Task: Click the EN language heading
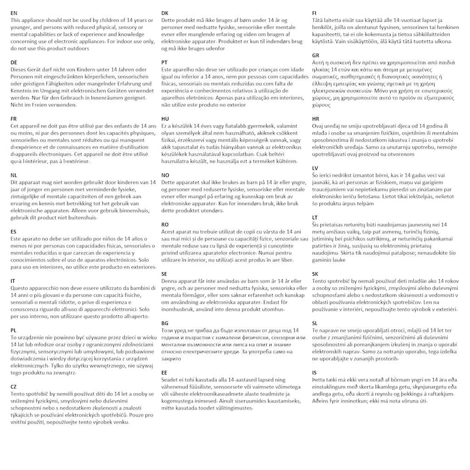click(14, 13)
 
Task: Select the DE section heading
click(14, 62)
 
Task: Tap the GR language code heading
click(315, 55)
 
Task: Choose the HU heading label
click(165, 118)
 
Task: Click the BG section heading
click(165, 323)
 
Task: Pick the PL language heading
click(14, 330)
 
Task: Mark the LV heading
click(315, 168)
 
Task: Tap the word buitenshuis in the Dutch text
click(82, 218)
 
